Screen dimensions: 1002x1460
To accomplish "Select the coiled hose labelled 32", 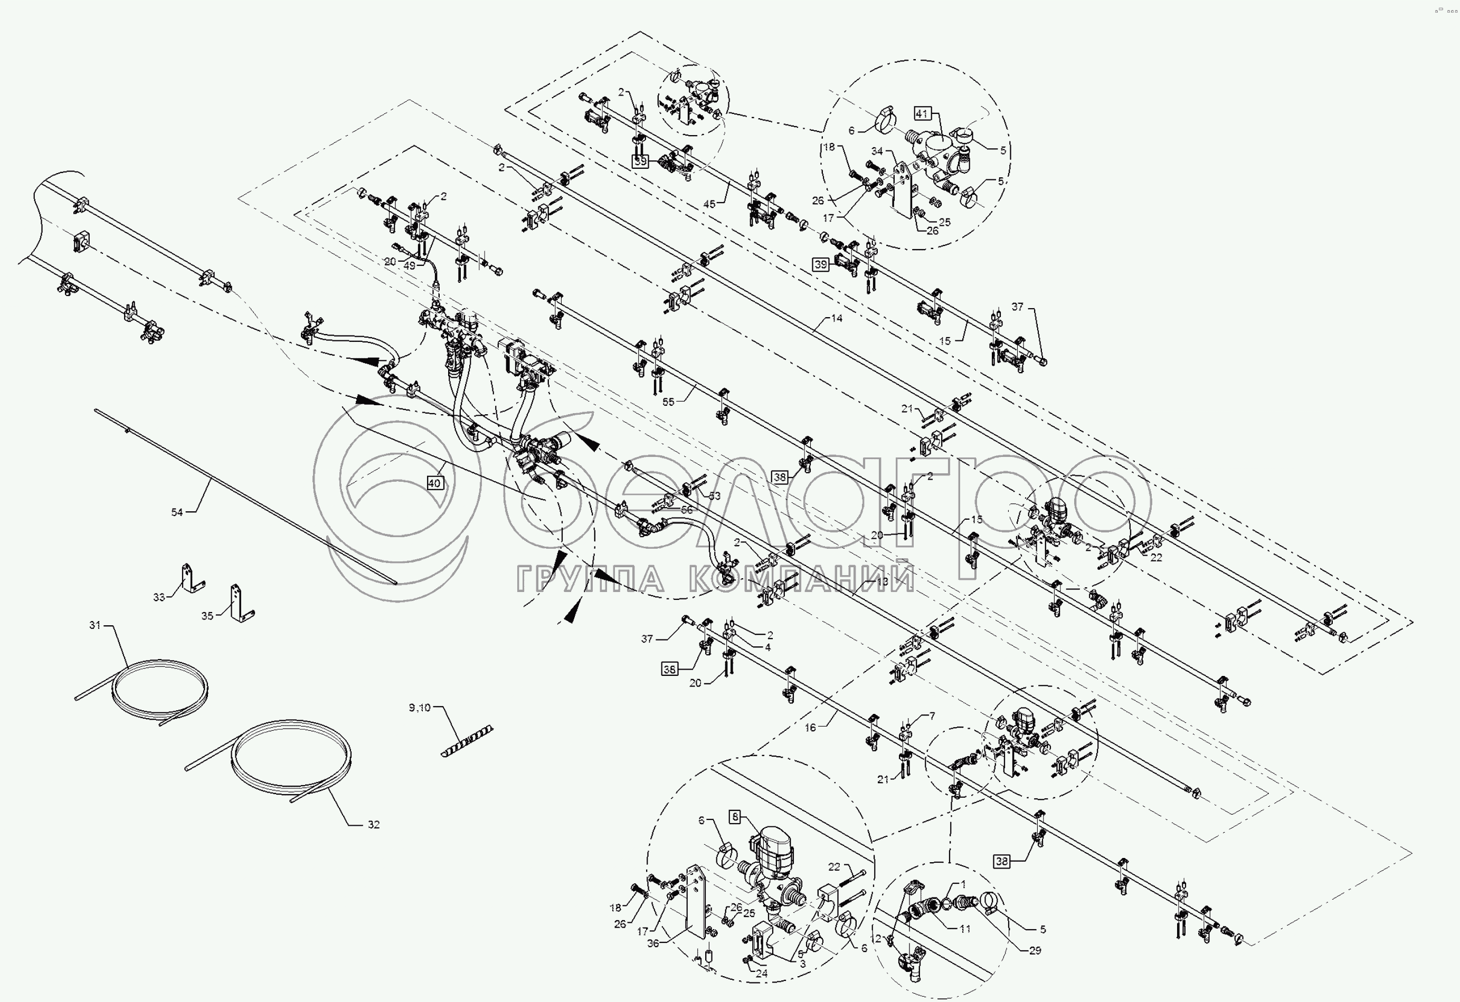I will pyautogui.click(x=292, y=763).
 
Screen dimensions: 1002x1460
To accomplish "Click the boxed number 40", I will pyautogui.click(x=434, y=483).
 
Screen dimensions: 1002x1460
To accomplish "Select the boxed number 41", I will pyautogui.click(x=922, y=113).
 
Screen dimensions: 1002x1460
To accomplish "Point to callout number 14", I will pyautogui.click(x=837, y=318).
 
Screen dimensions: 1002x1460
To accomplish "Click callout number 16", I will pyautogui.click(x=810, y=727).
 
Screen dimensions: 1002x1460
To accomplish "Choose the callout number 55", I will pyautogui.click(x=668, y=402).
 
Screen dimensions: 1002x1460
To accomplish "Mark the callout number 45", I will pyautogui.click(x=709, y=204).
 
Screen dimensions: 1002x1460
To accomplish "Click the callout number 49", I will pyautogui.click(x=410, y=265).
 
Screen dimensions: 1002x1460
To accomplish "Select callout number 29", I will pyautogui.click(x=1035, y=950).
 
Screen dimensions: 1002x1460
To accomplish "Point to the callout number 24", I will pyautogui.click(x=762, y=974).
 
